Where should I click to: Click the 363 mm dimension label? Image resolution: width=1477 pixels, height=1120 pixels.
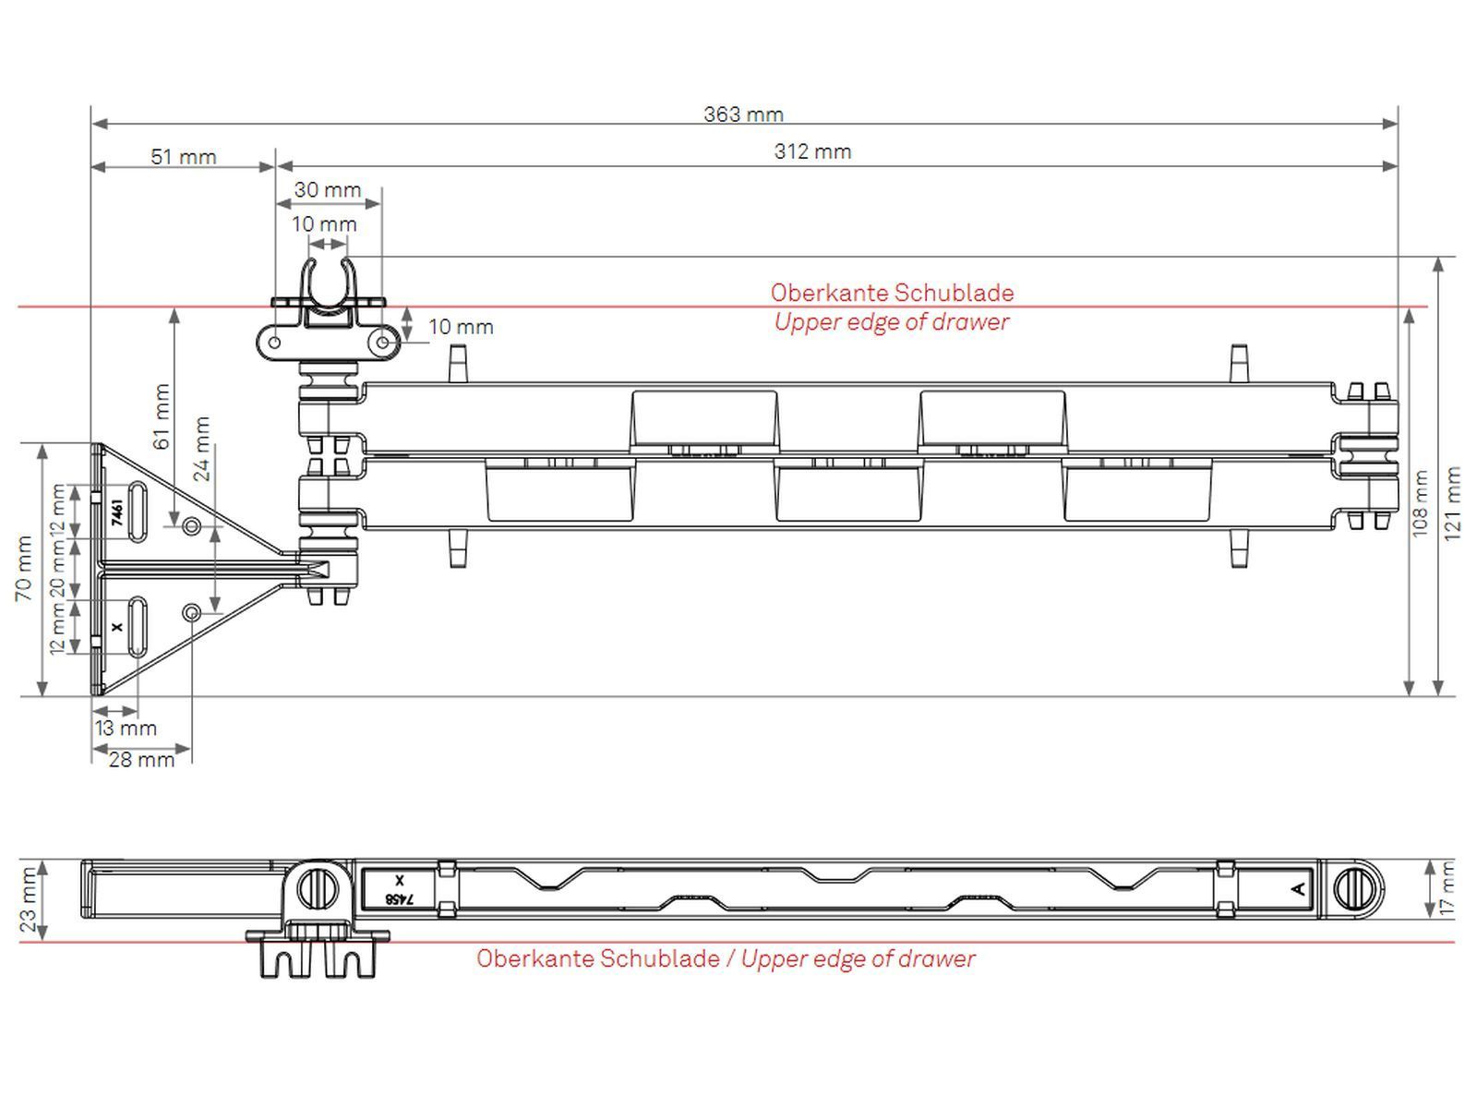[743, 114]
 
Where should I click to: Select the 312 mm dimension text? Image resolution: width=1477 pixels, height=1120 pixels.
[812, 151]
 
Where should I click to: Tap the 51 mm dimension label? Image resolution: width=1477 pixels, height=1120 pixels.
[184, 156]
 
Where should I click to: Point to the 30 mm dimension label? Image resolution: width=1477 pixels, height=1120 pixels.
[328, 190]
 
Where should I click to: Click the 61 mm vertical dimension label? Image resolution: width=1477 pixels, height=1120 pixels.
[162, 415]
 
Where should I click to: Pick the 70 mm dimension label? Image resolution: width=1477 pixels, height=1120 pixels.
[24, 568]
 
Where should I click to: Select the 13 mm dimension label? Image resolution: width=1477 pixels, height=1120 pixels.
[126, 728]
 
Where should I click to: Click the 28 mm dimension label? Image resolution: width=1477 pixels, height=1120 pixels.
[141, 759]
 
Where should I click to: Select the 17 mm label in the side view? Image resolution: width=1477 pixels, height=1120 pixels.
[1447, 888]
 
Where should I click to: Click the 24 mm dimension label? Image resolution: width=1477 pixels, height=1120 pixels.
[202, 449]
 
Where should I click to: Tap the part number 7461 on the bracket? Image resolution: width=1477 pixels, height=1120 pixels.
[117, 512]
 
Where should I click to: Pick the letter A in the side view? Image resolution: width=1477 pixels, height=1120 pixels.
[1297, 888]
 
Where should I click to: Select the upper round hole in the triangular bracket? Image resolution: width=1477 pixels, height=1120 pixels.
[191, 526]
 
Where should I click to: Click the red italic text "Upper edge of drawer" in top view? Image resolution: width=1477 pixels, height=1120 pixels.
[891, 322]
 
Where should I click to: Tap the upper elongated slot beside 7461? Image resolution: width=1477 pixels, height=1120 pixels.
[137, 511]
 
